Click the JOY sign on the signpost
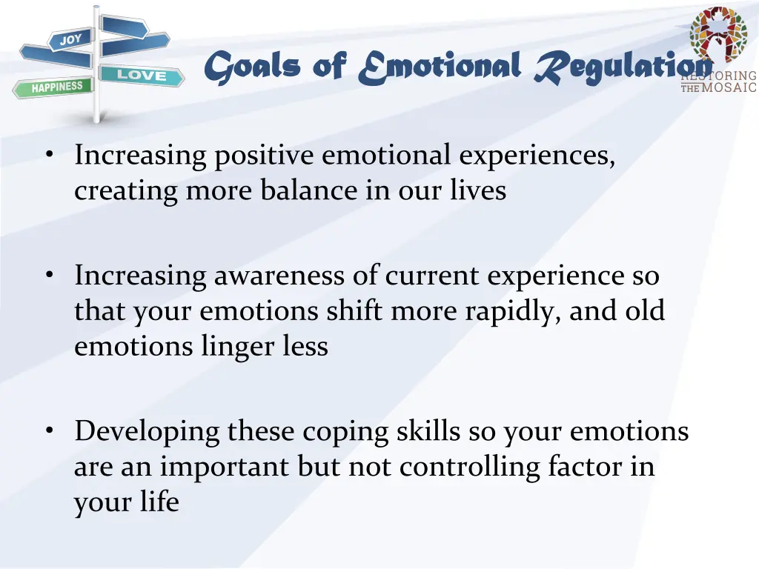(x=70, y=39)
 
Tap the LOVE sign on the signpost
(x=142, y=76)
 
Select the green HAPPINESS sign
(x=53, y=87)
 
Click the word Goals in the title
(x=252, y=67)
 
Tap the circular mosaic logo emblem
(x=719, y=35)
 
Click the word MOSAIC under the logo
(x=729, y=87)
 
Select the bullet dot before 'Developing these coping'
(x=50, y=430)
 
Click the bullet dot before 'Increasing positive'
(x=50, y=154)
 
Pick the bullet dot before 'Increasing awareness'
(x=50, y=274)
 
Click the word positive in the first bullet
(x=264, y=156)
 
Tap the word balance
(x=308, y=190)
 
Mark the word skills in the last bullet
(x=428, y=430)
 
